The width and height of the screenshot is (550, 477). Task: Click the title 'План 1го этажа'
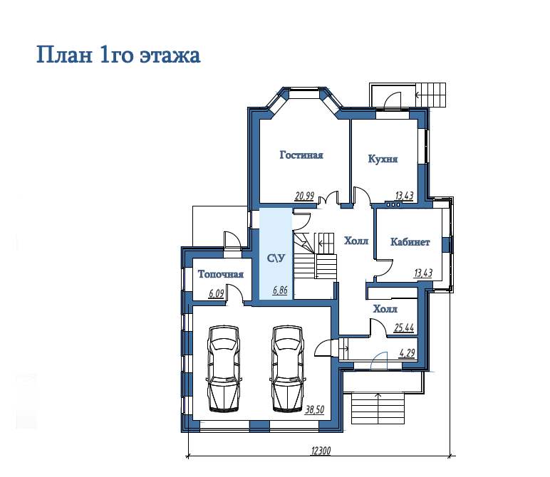coord(118,55)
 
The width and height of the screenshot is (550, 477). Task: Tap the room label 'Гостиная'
coord(301,155)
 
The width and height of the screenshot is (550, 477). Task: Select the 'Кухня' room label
coord(383,159)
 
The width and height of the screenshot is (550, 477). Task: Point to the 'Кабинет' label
coord(410,242)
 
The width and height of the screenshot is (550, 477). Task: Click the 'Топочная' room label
coord(221,273)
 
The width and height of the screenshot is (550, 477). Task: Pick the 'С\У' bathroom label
coord(276,258)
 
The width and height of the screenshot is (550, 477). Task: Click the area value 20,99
coord(304,196)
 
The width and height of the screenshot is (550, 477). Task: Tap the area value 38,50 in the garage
coord(315,409)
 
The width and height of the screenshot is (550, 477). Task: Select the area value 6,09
coord(216,293)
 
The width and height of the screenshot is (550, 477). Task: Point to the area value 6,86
coord(280,290)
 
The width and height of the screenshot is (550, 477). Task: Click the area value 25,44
coord(404,328)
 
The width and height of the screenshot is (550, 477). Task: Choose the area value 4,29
coord(408,353)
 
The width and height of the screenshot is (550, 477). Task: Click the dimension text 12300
coord(321,451)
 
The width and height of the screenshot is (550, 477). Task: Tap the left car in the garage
coord(224,368)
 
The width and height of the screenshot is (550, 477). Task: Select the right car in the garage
coord(287,368)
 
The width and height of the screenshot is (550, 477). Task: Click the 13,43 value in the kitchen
coord(404,196)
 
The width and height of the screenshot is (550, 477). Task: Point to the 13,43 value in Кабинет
coord(423,273)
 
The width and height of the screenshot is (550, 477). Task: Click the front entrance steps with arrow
coord(378,409)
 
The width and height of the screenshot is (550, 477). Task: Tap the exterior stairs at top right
coord(431,95)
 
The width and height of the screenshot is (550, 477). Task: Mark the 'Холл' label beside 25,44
coord(385,309)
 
